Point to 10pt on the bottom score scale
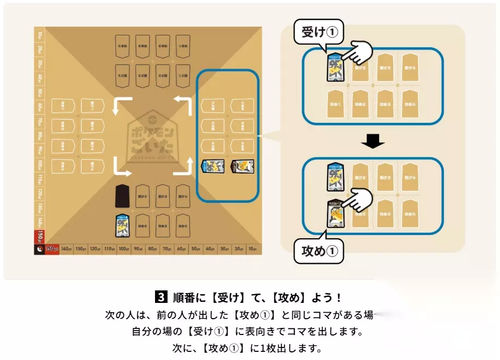pos(252,249)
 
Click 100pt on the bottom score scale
pos(124,249)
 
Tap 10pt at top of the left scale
pos(39,35)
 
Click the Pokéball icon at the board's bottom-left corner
pos(39,249)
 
